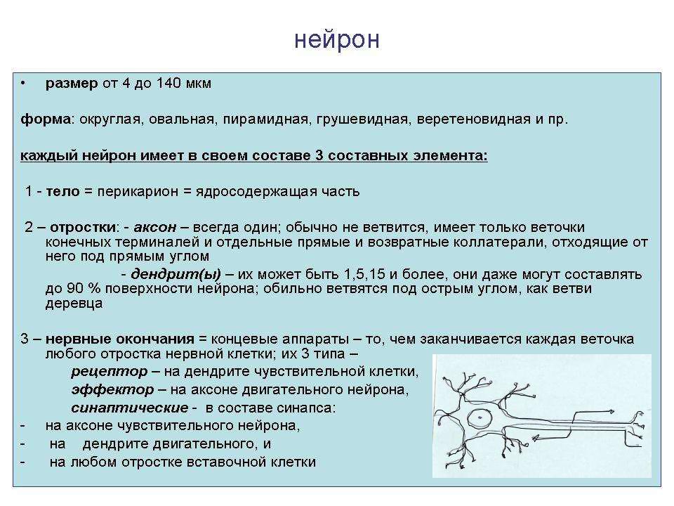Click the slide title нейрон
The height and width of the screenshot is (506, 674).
tap(337, 39)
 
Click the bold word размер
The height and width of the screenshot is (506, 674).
tap(72, 84)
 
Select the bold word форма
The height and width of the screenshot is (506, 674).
tap(46, 119)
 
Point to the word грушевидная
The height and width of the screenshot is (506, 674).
tap(362, 119)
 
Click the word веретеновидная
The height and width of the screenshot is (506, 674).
tap(473, 119)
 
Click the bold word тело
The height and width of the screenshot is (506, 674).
tap(62, 191)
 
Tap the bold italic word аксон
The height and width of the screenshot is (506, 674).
tap(154, 227)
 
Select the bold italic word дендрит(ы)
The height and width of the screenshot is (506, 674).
tap(176, 275)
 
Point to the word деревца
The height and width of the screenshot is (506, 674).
tap(74, 304)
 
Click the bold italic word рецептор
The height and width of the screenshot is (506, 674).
tap(110, 372)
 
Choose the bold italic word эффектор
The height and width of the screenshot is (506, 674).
tap(112, 390)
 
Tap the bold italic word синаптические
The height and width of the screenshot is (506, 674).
tap(129, 408)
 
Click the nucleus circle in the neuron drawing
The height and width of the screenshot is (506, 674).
tap(480, 417)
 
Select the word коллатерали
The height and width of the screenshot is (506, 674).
tap(496, 242)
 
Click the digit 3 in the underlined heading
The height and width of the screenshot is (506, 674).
tap(319, 155)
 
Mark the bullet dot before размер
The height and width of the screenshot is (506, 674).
tap(22, 84)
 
